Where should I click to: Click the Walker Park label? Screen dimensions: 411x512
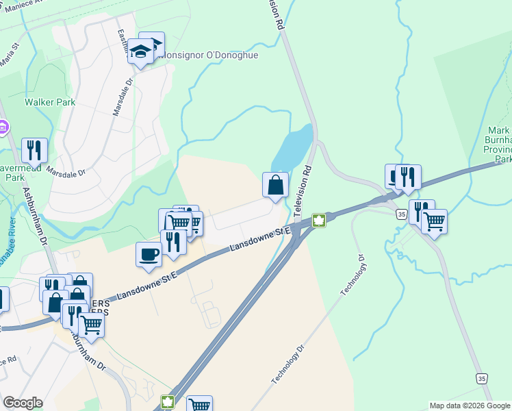tap(49, 102)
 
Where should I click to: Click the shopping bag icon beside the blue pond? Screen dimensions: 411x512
tap(275, 185)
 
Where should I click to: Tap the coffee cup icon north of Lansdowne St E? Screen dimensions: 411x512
tap(149, 255)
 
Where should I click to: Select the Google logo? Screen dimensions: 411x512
tap(23, 402)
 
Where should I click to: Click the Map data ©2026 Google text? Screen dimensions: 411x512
tap(470, 406)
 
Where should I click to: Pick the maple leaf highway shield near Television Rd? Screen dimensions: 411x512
tap(318, 220)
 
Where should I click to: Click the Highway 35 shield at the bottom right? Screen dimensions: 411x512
tap(482, 378)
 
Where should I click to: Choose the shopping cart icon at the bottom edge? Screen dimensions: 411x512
tap(199, 405)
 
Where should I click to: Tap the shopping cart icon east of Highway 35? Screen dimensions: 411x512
tap(434, 221)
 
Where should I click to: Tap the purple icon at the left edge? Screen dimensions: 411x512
tap(3, 127)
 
